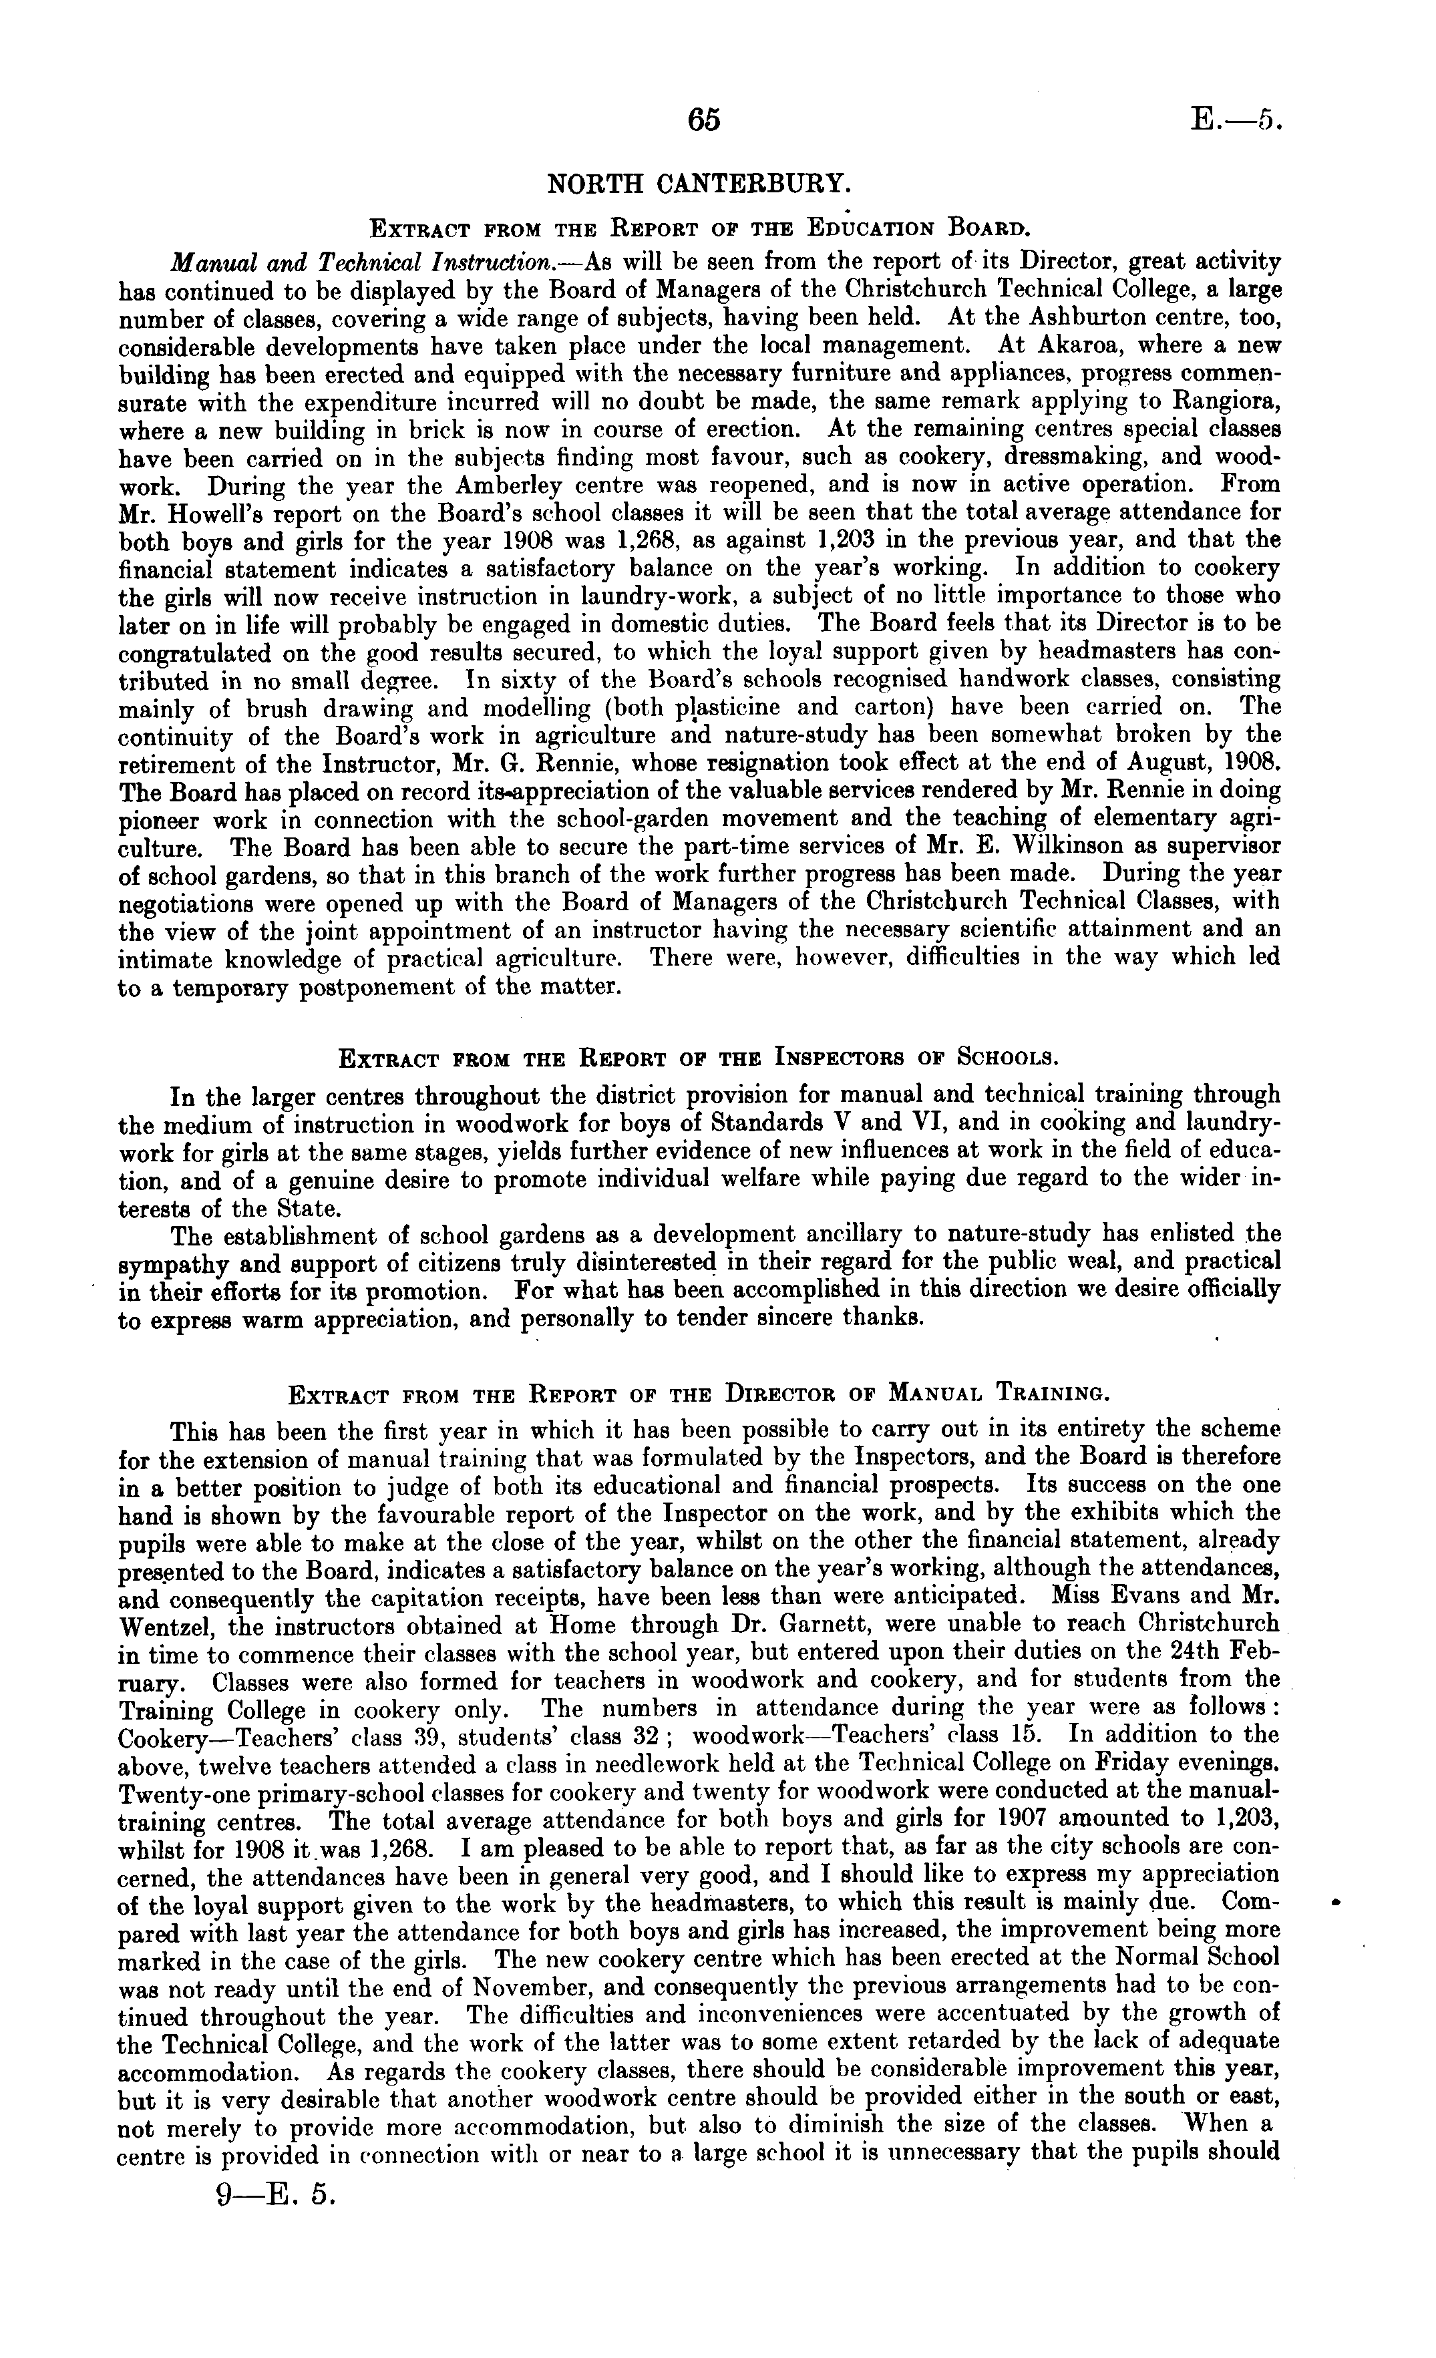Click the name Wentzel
168,1625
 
